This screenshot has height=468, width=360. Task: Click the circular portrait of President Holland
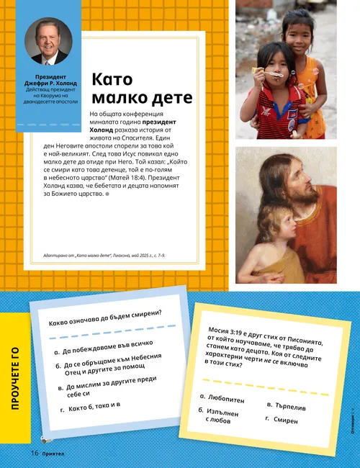(49, 41)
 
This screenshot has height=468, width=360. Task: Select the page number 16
(34, 453)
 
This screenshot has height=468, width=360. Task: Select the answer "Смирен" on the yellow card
(286, 419)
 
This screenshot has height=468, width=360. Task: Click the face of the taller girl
(297, 32)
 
